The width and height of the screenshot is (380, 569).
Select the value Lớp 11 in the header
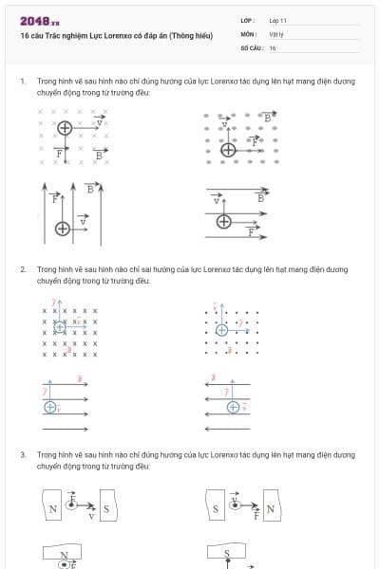point(277,20)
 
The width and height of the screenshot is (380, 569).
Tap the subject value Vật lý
point(276,33)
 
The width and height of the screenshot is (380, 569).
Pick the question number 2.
point(22,269)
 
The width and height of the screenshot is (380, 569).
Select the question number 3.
point(22,455)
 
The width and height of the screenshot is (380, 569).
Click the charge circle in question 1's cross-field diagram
point(64,127)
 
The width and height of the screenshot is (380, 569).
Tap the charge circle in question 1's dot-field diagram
point(228,149)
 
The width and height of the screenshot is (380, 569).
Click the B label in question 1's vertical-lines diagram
point(90,189)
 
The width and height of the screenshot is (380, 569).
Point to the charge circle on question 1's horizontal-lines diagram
point(224,221)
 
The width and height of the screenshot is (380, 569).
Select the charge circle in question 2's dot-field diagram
point(221,329)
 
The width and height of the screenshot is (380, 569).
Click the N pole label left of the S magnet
point(53,509)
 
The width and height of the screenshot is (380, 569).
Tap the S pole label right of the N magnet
point(105,509)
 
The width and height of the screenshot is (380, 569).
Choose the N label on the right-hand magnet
point(270,509)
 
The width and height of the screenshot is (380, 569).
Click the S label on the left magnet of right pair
point(217,509)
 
